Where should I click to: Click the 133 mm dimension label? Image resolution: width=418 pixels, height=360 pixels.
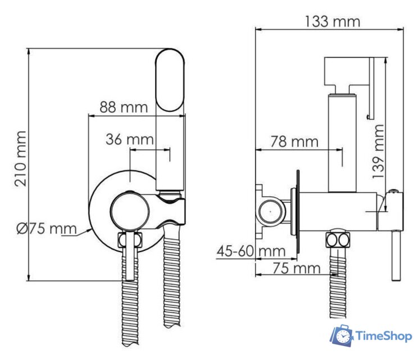point(332,21)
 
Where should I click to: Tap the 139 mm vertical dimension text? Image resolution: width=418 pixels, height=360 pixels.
point(379,151)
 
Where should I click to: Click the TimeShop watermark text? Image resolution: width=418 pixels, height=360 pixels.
point(384,336)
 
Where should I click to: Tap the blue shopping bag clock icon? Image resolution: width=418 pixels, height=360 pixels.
point(341,336)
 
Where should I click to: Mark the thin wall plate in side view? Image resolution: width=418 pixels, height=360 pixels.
point(298,211)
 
